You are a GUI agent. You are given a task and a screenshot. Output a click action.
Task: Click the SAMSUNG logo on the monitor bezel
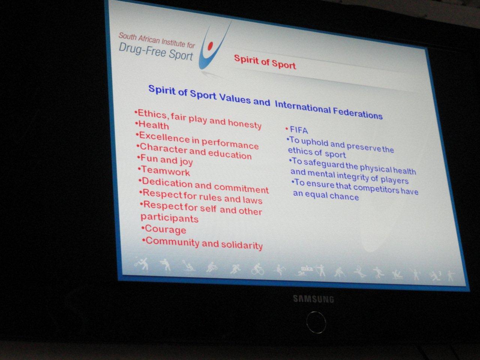pos(313,299)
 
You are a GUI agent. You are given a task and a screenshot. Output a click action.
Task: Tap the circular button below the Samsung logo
pos(316,322)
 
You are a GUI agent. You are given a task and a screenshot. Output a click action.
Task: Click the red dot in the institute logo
pos(210,46)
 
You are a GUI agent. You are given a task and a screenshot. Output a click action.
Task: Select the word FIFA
pos(299,130)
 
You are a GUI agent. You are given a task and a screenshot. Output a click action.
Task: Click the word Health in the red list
pos(154,125)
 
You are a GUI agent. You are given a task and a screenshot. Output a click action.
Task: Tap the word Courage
pos(165,229)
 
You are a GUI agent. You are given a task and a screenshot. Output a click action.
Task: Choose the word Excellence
pos(165,137)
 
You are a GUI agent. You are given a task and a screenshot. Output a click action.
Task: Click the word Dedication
pos(167,183)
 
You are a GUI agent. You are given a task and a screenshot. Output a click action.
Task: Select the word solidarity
pos(242,245)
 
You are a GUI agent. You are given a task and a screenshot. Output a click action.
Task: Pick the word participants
pos(169,218)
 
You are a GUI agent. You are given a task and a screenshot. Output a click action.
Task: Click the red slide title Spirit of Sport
pos(265,62)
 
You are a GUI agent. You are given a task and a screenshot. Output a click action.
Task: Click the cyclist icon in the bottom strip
pos(258,269)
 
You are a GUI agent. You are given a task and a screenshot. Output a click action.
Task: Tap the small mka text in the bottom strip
pos(307,268)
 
